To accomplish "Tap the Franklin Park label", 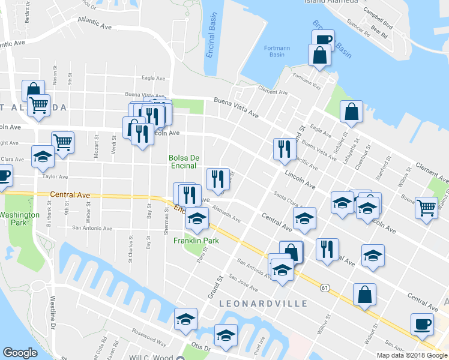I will [196, 241].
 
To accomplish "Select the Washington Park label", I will [20, 218].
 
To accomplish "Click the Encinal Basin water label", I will [211, 43].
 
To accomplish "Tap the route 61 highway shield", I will [325, 288].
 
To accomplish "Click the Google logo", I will [20, 353].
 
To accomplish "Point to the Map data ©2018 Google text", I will [412, 355].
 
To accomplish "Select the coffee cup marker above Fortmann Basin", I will [322, 39].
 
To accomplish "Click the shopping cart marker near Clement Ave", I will [426, 208].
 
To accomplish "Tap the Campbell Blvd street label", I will [381, 24].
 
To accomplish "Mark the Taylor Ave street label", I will [55, 176].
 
